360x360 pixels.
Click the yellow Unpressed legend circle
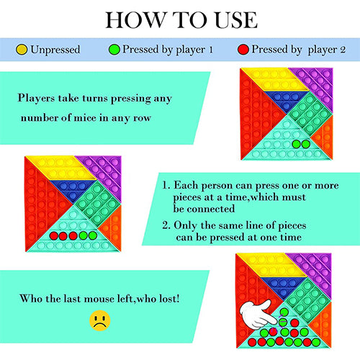(22, 50)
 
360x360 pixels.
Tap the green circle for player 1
(114, 50)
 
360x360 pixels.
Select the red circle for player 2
(243, 50)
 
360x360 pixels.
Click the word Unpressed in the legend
(55, 50)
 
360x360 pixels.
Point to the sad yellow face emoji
(100, 320)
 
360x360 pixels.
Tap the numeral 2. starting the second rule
(166, 225)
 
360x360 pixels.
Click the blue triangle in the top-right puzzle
(286, 100)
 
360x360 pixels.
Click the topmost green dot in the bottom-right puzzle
(284, 312)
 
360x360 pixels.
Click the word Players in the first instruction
(36, 99)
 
